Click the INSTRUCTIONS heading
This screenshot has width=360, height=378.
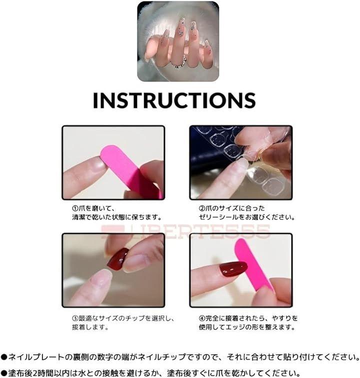point(174,100)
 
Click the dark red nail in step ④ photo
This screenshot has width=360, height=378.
point(233,269)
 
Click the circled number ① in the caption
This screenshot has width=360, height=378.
point(75,208)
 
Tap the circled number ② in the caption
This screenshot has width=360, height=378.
point(202,208)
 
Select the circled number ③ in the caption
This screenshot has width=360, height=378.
point(75,318)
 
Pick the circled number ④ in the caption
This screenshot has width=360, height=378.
point(202,318)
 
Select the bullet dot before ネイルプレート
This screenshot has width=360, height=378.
point(4,357)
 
